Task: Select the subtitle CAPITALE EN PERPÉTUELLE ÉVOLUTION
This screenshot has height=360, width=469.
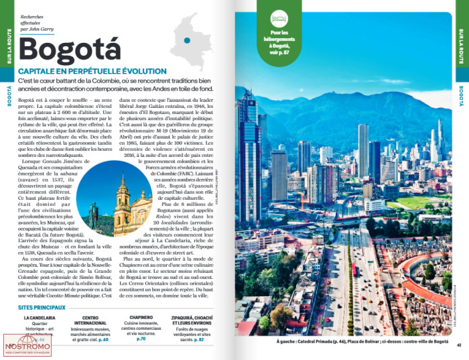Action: pos(92,71)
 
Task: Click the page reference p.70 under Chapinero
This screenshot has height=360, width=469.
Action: pos(141,339)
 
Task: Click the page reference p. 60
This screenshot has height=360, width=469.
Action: pos(103,340)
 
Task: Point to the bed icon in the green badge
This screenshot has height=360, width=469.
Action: pos(278,19)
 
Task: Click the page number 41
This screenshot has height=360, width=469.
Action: pos(459,345)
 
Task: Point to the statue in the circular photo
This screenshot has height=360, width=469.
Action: pos(94,213)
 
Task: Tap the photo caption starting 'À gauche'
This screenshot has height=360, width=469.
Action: pos(362,341)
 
